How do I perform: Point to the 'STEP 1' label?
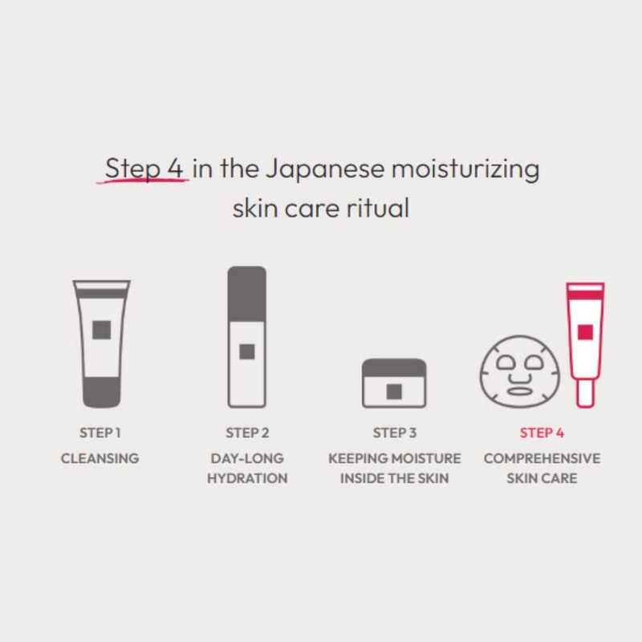[100, 433]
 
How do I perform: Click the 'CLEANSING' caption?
[100, 458]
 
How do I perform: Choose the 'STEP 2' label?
[247, 433]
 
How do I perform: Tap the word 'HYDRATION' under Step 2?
[247, 479]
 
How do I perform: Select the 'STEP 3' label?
[394, 433]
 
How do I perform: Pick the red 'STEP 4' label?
[542, 433]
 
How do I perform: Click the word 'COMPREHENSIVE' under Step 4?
[542, 458]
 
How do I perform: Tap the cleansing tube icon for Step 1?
[100, 343]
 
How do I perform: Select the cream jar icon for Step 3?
[393, 383]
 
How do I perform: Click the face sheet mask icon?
[518, 372]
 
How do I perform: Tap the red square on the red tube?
[585, 331]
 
